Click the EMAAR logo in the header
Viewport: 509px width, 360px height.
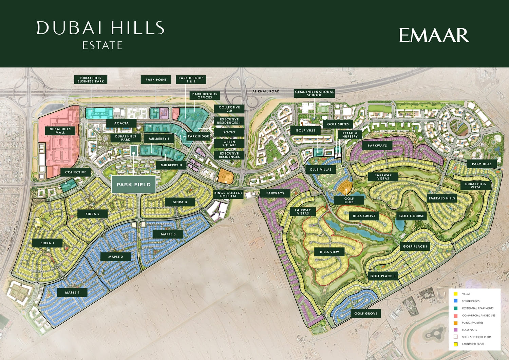(434, 35)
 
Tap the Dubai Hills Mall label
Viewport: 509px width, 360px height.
(60, 131)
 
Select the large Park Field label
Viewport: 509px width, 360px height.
(134, 185)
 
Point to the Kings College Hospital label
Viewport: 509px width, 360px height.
(228, 194)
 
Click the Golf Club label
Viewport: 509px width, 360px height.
(349, 200)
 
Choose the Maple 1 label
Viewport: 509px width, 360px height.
(72, 292)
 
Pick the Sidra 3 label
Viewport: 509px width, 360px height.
(180, 202)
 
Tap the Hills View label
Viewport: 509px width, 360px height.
(329, 252)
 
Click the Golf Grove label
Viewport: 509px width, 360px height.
(366, 314)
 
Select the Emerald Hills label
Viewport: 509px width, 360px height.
(442, 198)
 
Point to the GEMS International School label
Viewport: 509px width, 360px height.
(314, 93)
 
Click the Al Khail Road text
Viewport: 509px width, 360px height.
(266, 91)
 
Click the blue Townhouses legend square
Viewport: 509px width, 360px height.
(455, 301)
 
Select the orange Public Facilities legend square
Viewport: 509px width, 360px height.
(455, 323)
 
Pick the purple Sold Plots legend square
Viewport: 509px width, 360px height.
(455, 330)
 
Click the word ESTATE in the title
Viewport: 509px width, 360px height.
(102, 45)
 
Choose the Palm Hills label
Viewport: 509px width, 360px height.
(482, 164)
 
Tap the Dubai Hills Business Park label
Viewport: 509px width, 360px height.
(91, 80)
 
